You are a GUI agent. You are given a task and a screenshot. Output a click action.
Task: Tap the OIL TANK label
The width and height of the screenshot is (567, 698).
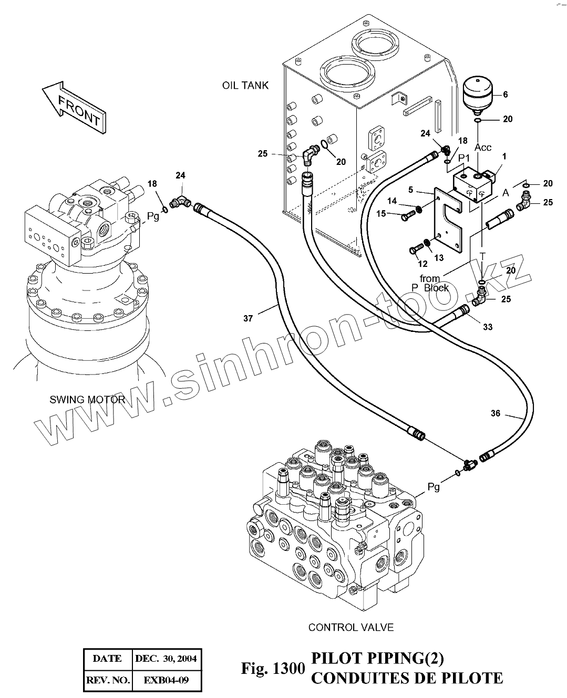click(x=245, y=85)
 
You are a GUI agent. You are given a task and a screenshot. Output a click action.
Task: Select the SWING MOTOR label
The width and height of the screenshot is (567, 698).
click(x=87, y=399)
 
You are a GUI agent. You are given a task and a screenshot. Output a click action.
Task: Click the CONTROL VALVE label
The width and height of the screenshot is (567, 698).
click(x=350, y=627)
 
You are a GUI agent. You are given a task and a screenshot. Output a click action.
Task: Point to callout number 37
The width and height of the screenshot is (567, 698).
click(x=248, y=318)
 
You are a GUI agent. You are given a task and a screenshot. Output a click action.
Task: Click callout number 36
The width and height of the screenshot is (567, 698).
click(x=496, y=413)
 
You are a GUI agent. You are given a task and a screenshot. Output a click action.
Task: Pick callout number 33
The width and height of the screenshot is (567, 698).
click(x=488, y=327)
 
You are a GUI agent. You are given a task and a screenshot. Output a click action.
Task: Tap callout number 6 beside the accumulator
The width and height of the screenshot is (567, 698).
click(x=506, y=95)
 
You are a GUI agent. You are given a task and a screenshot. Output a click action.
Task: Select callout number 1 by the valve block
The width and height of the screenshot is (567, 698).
click(x=504, y=156)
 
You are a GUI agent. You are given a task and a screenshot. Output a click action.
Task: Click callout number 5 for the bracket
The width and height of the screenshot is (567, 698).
click(x=411, y=190)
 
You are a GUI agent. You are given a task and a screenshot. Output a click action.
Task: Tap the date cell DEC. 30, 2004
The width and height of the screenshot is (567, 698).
click(x=166, y=658)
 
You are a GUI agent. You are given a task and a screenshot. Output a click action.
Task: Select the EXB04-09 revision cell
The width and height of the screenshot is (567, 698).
click(x=166, y=681)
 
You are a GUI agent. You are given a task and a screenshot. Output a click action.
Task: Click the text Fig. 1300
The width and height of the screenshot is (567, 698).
click(x=272, y=669)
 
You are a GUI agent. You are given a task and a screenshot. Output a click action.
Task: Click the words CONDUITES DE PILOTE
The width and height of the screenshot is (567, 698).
click(x=407, y=678)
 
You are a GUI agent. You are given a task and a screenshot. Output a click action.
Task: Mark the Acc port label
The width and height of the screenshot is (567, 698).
click(x=482, y=148)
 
